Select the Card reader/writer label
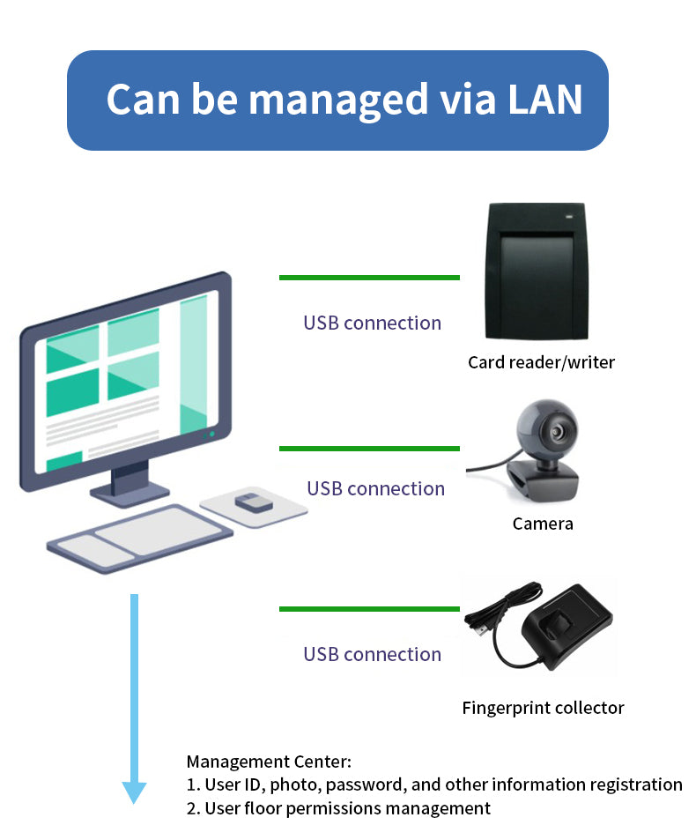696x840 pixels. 541,362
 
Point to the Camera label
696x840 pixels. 543,524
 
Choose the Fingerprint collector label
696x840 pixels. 543,708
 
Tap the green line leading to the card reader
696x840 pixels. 369,278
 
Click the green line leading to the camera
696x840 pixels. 369,449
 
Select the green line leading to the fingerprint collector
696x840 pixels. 369,609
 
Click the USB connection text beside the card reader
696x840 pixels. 372,323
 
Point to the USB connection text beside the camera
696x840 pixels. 375,488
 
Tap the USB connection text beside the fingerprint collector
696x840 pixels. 372,654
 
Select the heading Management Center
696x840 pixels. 269,761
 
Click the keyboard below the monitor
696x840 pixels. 141,538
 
